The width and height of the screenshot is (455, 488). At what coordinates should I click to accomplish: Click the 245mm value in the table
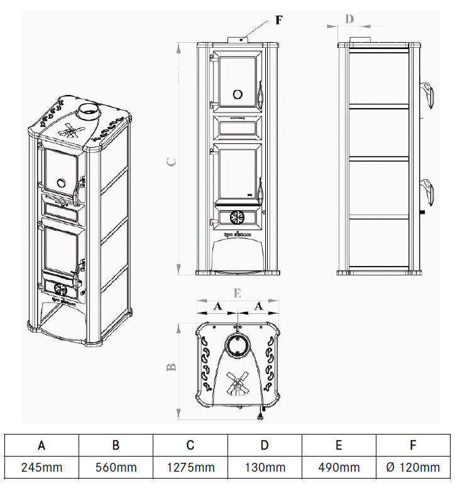[41, 467]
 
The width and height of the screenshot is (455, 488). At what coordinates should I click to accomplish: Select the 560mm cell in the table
[116, 467]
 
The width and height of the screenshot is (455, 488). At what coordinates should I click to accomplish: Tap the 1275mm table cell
[190, 467]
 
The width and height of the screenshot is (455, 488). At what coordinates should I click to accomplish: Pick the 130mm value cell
[265, 467]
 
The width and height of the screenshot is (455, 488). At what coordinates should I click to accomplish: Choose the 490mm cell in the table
[339, 467]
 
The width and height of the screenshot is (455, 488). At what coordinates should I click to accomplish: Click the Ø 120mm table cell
[413, 467]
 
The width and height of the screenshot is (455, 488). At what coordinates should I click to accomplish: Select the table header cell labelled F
[413, 445]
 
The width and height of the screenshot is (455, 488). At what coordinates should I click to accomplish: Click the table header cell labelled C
[190, 445]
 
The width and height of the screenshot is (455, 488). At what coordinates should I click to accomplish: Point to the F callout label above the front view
[279, 19]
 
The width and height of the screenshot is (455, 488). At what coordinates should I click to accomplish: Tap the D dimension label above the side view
[349, 18]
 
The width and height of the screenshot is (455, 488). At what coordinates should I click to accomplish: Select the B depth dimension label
[171, 367]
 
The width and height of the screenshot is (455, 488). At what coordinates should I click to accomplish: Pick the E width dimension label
[237, 293]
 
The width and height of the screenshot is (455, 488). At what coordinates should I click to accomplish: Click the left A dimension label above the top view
[217, 306]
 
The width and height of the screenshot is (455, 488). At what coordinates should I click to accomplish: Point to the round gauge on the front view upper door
[238, 94]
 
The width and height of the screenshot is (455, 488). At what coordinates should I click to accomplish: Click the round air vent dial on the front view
[237, 217]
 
